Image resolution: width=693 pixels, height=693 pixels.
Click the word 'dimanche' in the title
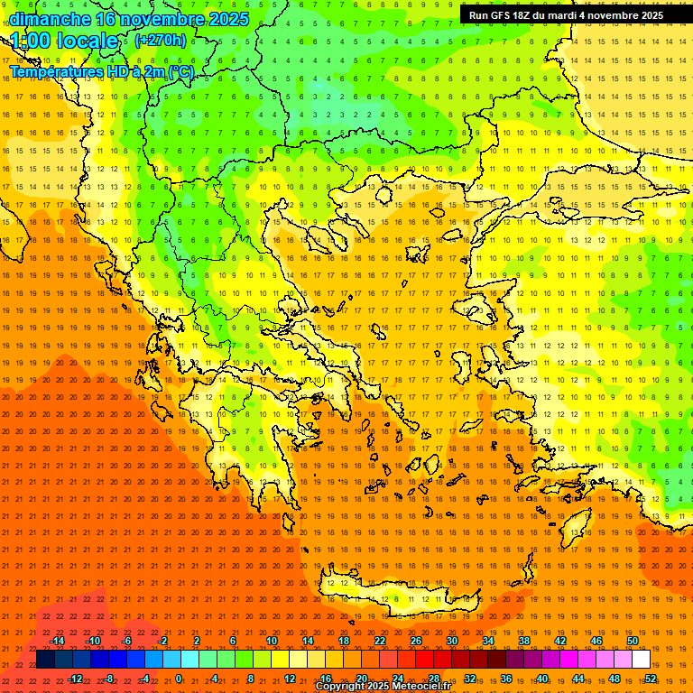[50, 19]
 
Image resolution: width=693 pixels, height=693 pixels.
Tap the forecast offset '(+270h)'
[161, 40]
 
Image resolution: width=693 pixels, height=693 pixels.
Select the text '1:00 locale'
[65, 41]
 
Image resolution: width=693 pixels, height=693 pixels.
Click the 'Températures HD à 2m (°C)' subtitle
[101, 71]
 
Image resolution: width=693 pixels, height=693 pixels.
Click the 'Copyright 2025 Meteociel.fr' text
[383, 687]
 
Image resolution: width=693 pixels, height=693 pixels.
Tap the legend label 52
[651, 679]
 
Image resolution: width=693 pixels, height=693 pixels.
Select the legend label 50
[633, 641]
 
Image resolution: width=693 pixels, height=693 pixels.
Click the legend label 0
[178, 679]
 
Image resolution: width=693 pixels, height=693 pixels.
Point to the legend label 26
[416, 641]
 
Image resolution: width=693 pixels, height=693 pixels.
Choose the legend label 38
[524, 641]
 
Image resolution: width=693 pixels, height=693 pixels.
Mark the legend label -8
[108, 679]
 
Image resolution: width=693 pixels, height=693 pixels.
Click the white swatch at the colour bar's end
[641, 660]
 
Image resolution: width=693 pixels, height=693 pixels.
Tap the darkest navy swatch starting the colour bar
[45, 660]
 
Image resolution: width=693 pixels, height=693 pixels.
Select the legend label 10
[271, 641]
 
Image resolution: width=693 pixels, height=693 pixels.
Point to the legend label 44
[578, 679]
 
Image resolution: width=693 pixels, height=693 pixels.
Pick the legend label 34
[488, 641]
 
